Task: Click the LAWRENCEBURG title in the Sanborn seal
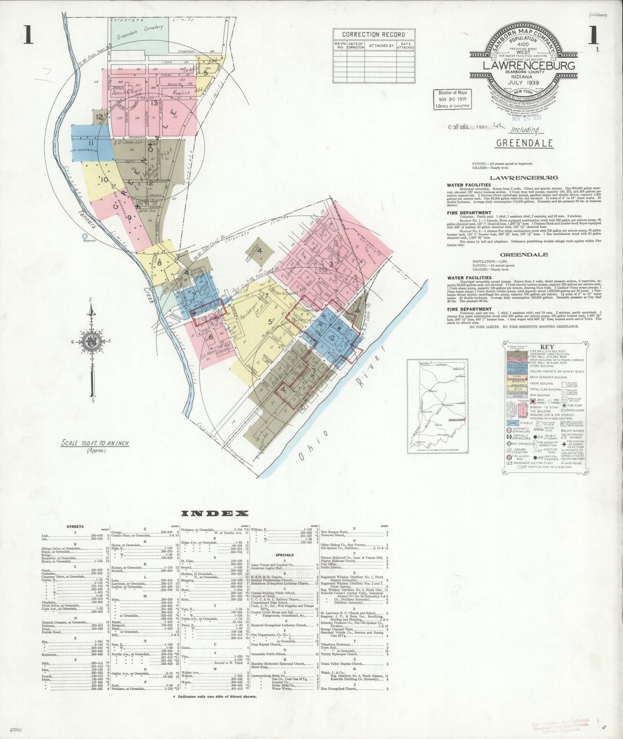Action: tap(529, 66)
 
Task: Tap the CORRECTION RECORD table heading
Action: tap(373, 34)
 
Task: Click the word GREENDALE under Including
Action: tap(524, 143)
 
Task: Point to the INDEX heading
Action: tap(215, 513)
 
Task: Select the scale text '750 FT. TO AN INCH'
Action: tap(95, 443)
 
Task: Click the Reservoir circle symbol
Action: tap(85, 236)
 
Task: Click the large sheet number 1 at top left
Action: tap(28, 35)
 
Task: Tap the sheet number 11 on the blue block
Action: tap(91, 144)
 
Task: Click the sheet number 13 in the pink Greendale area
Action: tap(154, 103)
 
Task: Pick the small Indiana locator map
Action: tap(438, 406)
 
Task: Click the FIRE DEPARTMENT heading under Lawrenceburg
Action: tap(469, 213)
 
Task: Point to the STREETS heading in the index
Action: tap(75, 526)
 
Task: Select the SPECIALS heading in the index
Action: tap(284, 555)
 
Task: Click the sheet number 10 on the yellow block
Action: tap(104, 179)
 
